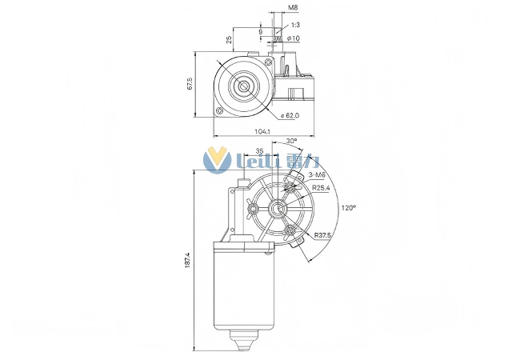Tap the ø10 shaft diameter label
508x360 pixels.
pos(293,38)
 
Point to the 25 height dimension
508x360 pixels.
pos(229,39)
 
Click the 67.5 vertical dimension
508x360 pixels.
pos(190,84)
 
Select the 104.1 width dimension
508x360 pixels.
pos(262,130)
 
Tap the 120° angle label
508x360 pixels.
pos(349,207)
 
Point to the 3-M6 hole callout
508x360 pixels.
pos(317,174)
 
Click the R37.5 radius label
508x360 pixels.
pos(323,235)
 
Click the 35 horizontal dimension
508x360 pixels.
pos(259,151)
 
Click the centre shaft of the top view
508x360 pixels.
pos(243,85)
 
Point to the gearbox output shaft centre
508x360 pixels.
pos(278,210)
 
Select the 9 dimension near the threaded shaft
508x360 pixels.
pos(271,32)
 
